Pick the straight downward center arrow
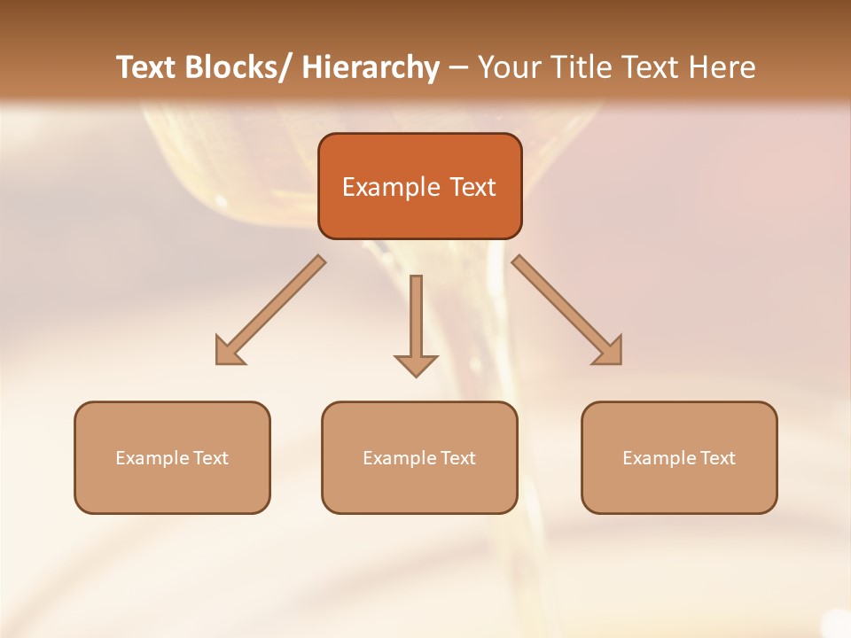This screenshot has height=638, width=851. point(416,324)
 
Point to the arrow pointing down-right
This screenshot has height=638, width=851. point(567,311)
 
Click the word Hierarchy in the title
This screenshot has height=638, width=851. point(371,67)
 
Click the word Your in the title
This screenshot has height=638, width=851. point(509,67)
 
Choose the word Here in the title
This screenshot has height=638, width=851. point(724,67)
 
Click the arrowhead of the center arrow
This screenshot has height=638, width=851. point(416,364)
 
